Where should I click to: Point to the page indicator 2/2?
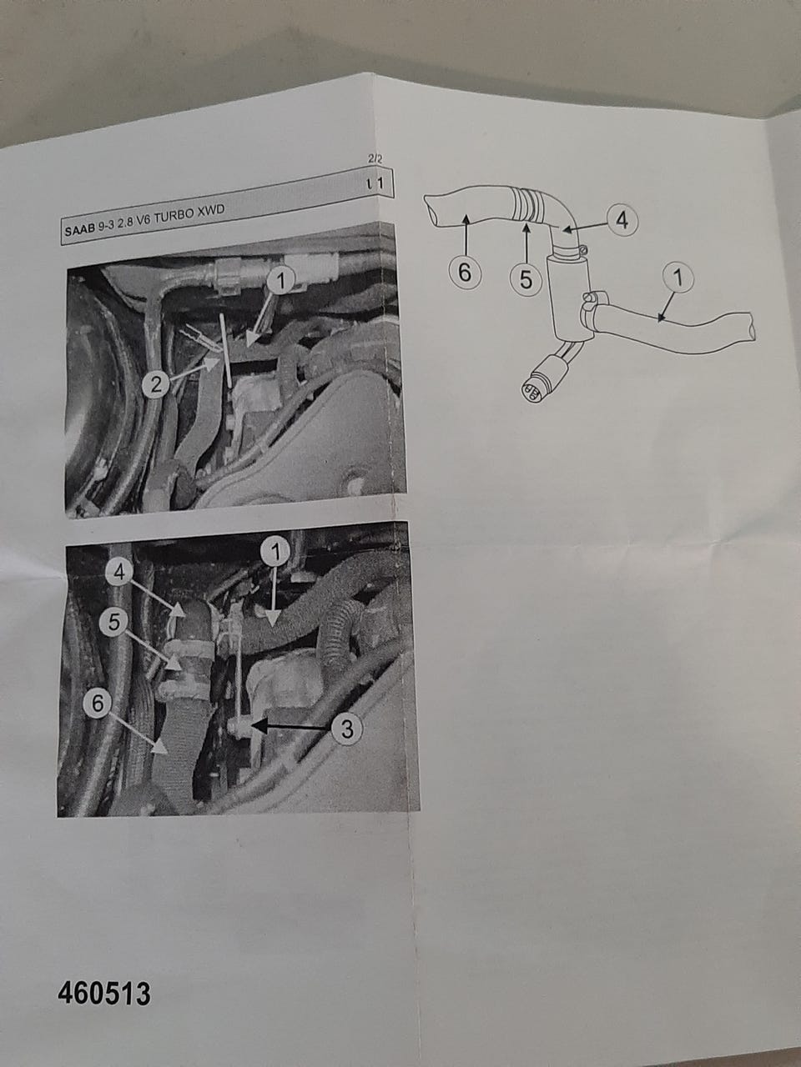[375, 159]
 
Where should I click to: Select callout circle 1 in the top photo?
[280, 280]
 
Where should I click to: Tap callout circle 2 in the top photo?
[156, 384]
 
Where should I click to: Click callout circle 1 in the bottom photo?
[275, 551]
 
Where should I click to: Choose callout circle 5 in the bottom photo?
[113, 622]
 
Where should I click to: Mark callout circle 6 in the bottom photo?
[98, 704]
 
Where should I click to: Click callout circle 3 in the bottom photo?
[347, 729]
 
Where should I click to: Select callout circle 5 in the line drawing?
[526, 279]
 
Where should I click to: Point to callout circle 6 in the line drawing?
[465, 273]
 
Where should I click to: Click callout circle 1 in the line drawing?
[678, 278]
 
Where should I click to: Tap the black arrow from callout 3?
[291, 727]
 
